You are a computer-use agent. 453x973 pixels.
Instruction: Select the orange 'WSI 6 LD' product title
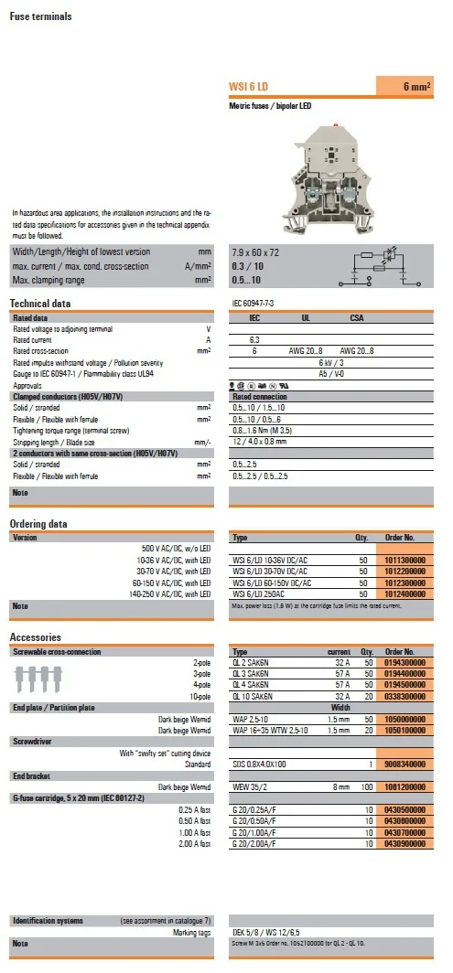249,87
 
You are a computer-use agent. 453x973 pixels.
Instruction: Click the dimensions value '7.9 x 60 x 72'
256,252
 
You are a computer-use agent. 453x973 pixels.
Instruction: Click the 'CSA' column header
357,318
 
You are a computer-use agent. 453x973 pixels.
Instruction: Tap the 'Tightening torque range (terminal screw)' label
69,430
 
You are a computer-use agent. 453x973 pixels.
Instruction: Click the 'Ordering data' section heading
38,524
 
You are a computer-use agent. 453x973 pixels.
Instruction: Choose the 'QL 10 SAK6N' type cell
259,696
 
